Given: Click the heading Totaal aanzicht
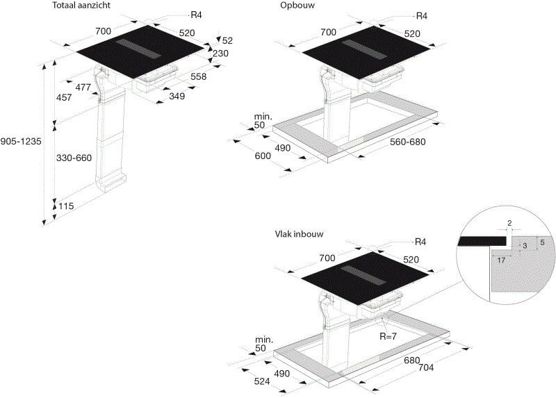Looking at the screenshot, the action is (x=81, y=6).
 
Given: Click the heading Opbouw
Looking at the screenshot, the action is (x=297, y=6).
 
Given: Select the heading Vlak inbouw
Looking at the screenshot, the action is (x=300, y=234).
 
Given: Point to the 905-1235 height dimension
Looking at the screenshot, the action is (x=21, y=142).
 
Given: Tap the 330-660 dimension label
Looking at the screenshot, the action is (x=74, y=158).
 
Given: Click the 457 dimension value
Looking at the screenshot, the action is (x=64, y=97).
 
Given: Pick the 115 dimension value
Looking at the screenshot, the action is (x=66, y=206).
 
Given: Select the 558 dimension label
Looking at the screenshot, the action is (x=198, y=76).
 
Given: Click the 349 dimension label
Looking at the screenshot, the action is (x=177, y=96).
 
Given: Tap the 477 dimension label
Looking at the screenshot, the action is (x=83, y=87).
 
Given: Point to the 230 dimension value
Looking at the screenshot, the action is (x=220, y=53).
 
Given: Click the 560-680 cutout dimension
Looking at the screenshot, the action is (x=408, y=142).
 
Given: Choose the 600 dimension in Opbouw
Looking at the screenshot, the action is (x=263, y=156).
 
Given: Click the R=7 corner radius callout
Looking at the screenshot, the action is (x=389, y=336).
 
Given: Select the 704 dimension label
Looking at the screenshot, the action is (x=426, y=367).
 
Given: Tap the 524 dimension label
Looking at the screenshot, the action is (x=262, y=381).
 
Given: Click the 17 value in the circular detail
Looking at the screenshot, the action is (x=501, y=260).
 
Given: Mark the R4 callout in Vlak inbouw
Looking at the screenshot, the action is (x=420, y=242).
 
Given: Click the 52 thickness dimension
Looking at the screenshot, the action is (x=227, y=41).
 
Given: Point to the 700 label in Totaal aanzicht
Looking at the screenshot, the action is (x=103, y=31).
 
